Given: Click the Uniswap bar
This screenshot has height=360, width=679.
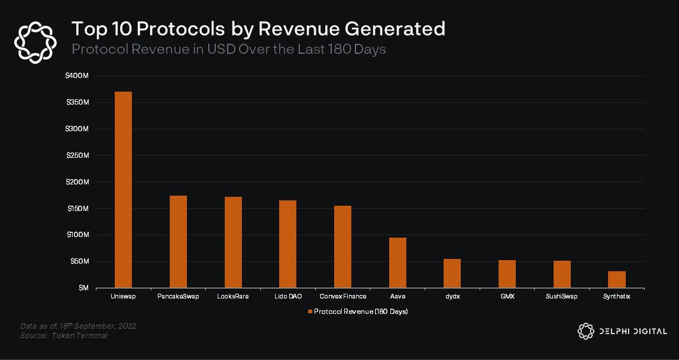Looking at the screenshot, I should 123,190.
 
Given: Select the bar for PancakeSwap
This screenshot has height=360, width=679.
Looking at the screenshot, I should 178,242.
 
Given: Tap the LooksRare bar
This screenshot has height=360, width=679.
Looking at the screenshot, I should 233,242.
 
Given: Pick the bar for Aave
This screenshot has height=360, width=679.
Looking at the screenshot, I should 397,262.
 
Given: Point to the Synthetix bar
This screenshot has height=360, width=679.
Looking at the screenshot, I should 616,280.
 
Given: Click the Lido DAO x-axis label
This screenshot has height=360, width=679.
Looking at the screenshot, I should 288,296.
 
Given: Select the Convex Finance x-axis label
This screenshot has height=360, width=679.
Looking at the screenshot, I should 342,296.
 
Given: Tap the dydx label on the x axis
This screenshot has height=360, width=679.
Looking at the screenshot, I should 452,296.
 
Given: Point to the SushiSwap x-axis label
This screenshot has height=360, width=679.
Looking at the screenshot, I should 561,296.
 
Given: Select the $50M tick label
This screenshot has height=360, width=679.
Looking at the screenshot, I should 80,261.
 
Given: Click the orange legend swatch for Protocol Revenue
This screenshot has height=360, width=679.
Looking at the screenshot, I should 309,311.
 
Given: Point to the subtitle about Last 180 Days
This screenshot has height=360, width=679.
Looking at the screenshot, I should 228,49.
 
